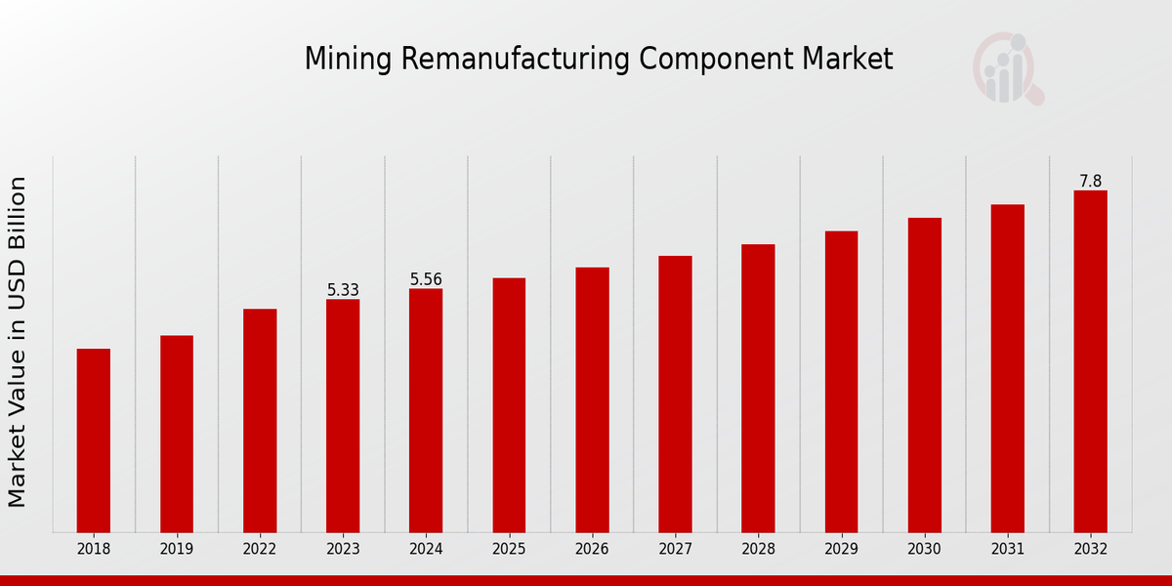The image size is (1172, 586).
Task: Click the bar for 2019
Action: (177, 434)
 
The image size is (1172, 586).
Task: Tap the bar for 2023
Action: (343, 415)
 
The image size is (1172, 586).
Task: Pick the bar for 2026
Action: (592, 399)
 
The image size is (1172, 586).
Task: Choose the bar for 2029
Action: (841, 381)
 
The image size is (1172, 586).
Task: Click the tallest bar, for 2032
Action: (1090, 361)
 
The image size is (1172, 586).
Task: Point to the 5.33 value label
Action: (343, 290)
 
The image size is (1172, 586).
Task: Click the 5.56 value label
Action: (426, 279)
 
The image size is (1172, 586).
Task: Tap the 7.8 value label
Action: (1090, 182)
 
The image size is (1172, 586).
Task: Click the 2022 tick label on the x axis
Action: (260, 550)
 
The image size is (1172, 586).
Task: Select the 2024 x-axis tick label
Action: (426, 550)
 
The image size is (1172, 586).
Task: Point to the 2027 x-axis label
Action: (675, 550)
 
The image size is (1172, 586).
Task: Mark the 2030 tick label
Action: (924, 550)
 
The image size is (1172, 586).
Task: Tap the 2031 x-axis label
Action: (1007, 550)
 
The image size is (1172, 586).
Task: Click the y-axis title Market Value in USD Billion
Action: (18, 342)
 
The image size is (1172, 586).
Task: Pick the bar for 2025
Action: (509, 405)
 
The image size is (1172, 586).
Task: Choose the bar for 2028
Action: (758, 388)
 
